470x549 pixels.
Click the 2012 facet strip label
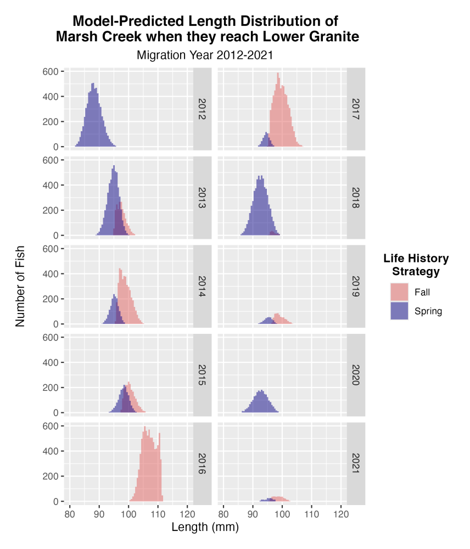[202, 109]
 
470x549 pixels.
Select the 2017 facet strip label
[356, 109]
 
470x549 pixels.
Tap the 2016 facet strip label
[202, 463]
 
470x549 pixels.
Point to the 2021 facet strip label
[356, 463]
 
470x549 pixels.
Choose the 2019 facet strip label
[356, 286]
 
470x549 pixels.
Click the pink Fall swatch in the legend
[399, 292]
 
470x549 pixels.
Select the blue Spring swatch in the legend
[399, 311]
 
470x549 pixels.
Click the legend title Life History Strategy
[416, 265]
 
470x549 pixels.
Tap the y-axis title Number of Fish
[21, 286]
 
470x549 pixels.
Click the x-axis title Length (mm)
[205, 528]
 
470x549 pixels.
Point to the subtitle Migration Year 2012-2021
[205, 55]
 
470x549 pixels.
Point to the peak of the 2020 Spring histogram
[261, 391]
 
